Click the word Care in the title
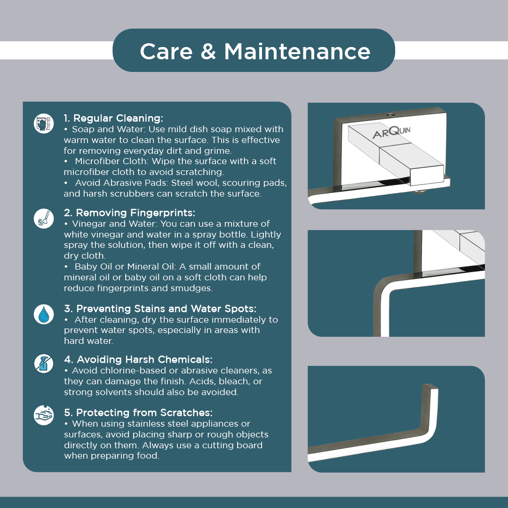pos(166,52)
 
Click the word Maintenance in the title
pos(297,52)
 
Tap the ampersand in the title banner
pos(208,52)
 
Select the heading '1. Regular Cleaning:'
pos(113,118)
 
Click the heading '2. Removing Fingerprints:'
pos(130,213)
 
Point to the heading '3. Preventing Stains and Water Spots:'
pos(160,309)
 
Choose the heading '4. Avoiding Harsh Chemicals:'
pos(138,360)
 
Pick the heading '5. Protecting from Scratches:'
pos(138,413)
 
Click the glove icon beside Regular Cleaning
pos(44,123)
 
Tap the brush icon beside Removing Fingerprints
pos(44,218)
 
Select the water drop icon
pos(44,314)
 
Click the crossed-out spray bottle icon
pos(44,364)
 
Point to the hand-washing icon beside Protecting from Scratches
pos(44,415)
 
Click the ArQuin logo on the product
pos(391,132)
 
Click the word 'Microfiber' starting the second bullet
pos(95,161)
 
